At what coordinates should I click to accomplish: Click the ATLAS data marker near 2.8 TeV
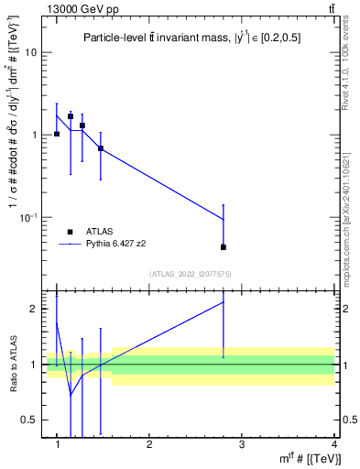coord(224,247)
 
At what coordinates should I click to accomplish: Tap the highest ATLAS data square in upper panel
coord(71,116)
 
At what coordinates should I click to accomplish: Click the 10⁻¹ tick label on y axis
coord(33,216)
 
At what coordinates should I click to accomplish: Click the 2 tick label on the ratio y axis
coord(38,309)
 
